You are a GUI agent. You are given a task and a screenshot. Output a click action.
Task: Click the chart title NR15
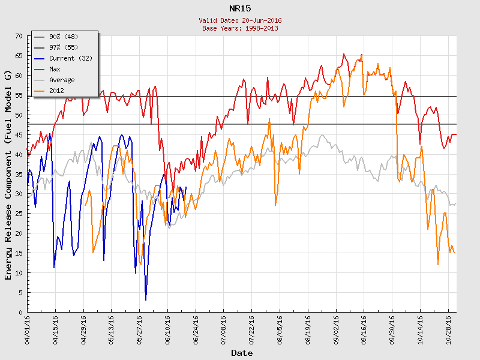(x=240, y=8)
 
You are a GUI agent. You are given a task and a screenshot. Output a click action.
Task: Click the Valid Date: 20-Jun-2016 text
(x=240, y=20)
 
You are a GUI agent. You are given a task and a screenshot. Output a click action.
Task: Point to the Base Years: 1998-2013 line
(x=240, y=28)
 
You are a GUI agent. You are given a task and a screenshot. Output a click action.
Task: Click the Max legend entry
(x=55, y=70)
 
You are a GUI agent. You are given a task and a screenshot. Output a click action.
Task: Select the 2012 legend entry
(x=56, y=91)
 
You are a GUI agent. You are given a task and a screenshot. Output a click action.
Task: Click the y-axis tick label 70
(x=18, y=37)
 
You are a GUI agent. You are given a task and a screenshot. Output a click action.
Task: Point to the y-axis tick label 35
(x=18, y=175)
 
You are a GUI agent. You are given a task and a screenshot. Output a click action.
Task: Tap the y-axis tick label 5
(x=20, y=293)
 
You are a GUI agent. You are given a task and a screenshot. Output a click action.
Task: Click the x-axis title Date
(x=242, y=353)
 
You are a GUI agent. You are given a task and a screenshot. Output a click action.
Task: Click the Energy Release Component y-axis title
(x=8, y=174)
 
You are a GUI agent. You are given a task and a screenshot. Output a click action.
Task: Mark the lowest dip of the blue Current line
(x=146, y=299)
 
